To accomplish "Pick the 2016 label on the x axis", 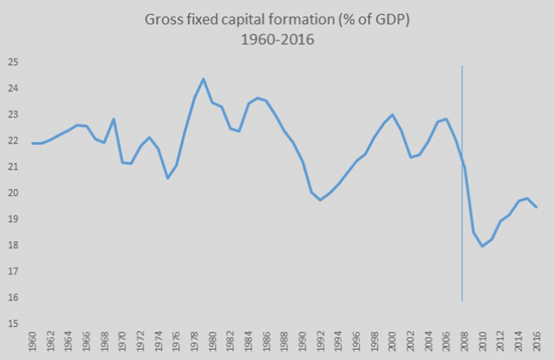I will [537, 341].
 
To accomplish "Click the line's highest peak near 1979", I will [203, 79].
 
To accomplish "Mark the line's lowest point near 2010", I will [483, 246].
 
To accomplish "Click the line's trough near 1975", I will [168, 178].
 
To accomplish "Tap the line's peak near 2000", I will [392, 115].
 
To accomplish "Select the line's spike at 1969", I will [114, 119].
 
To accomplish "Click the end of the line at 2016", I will [537, 207].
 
